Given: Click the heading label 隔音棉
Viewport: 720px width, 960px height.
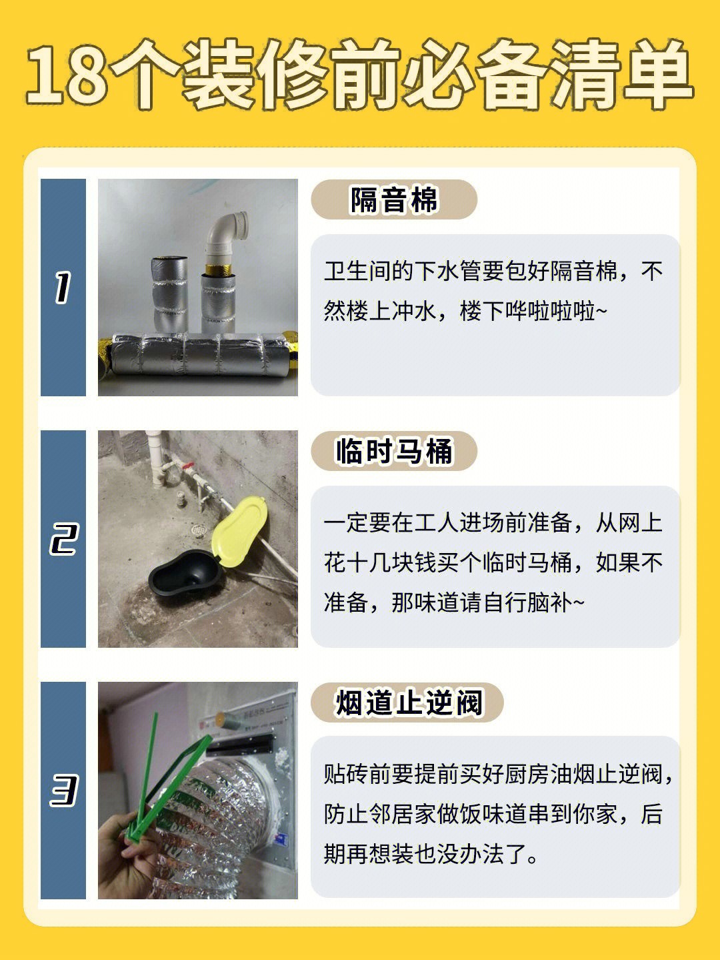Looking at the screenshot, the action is tap(393, 199).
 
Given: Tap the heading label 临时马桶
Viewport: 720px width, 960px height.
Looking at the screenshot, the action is tap(393, 451).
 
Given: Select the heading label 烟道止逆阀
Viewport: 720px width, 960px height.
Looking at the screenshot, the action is tap(409, 703).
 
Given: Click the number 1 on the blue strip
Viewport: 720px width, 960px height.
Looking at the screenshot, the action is tap(63, 288).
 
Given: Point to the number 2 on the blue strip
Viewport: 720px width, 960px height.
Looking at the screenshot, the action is tap(63, 539).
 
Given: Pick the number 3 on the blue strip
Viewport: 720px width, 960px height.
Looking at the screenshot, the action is tap(64, 790).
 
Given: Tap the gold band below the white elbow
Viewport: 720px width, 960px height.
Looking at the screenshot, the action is tap(219, 270).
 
